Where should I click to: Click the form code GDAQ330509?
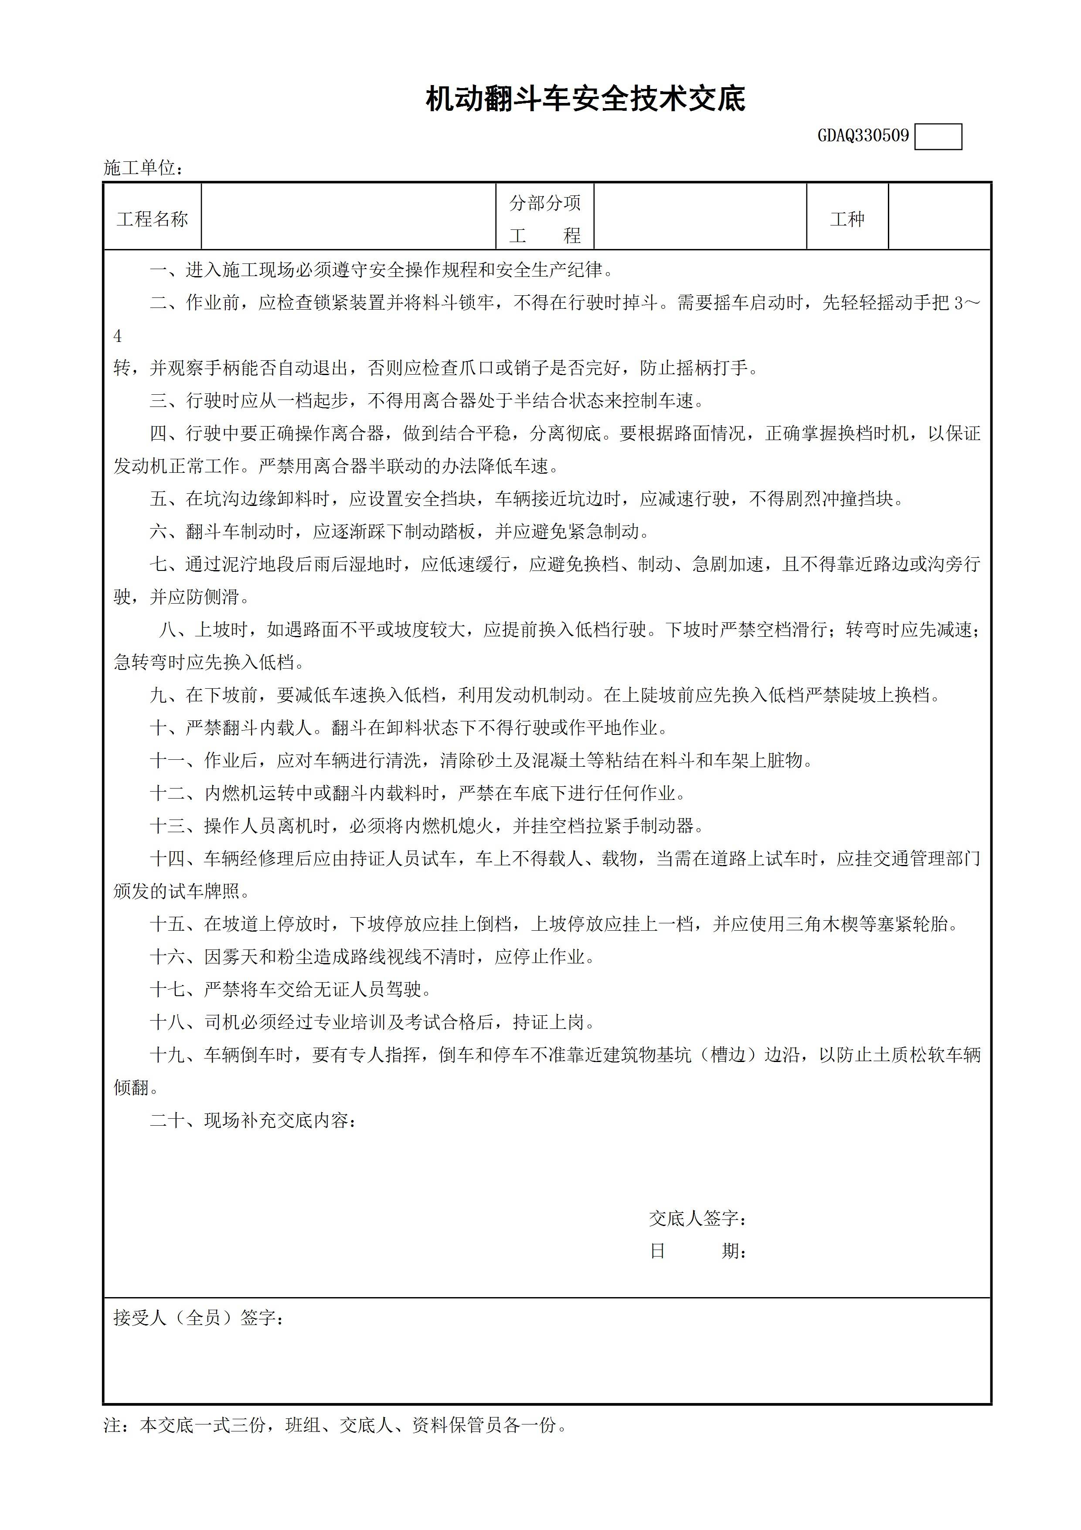(863, 136)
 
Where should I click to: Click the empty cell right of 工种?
(939, 217)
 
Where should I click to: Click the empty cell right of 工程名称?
(348, 217)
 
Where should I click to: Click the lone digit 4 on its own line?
(118, 337)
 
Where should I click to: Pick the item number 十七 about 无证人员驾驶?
(167, 990)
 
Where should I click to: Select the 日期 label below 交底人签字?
(697, 1251)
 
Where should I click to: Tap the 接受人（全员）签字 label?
(198, 1318)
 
